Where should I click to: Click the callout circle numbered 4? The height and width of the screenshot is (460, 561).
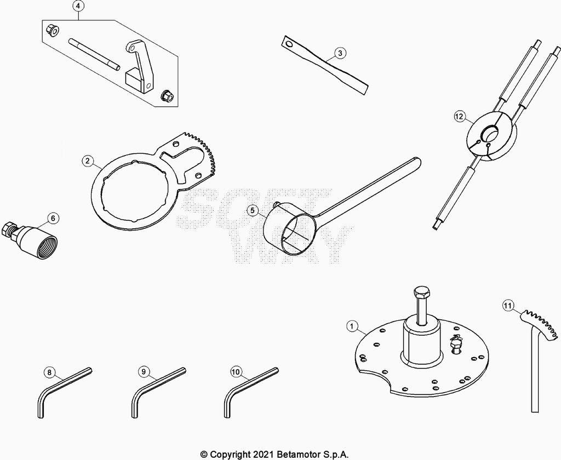pyautogui.click(x=79, y=5)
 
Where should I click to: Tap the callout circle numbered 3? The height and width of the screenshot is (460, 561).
pyautogui.click(x=340, y=53)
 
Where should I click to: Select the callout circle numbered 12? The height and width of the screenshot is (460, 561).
pyautogui.click(x=460, y=116)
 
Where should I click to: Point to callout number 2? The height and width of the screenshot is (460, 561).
pyautogui.click(x=88, y=160)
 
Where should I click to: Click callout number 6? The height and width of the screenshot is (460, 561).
pyautogui.click(x=53, y=218)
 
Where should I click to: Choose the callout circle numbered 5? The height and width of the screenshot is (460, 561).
pyautogui.click(x=253, y=210)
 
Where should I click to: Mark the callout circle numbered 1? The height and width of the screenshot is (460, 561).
pyautogui.click(x=352, y=326)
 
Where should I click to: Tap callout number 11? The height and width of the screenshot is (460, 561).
pyautogui.click(x=507, y=306)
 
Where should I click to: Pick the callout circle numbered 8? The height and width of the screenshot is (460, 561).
pyautogui.click(x=49, y=372)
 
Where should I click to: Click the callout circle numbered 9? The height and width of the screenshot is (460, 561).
pyautogui.click(x=144, y=372)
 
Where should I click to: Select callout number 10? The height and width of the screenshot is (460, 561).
pyautogui.click(x=236, y=372)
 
